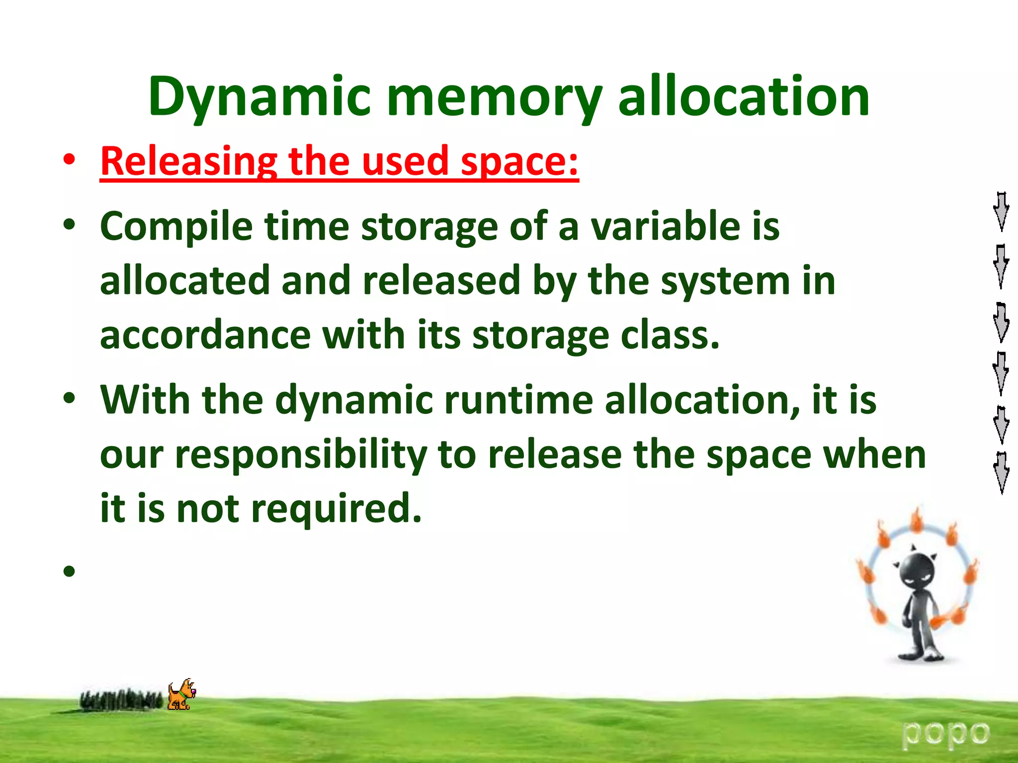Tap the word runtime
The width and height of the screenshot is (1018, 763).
517,400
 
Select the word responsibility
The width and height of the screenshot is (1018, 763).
301,455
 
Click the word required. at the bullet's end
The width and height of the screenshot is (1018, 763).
336,509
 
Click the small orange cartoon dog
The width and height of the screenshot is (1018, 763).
181,694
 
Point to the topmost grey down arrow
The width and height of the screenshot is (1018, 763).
1001,211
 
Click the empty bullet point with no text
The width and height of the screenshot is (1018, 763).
69,571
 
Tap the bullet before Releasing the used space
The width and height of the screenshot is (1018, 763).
69,160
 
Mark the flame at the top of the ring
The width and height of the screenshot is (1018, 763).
916,522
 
